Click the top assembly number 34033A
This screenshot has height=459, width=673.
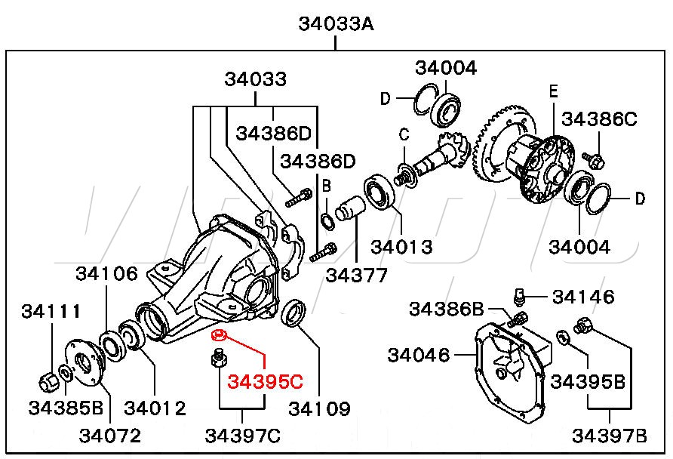pos(336,23)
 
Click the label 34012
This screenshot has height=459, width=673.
pos(155,409)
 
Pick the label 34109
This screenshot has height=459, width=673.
pos(319,409)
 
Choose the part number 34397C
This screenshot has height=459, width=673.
pos(242,436)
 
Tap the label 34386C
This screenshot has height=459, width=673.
pos(599,119)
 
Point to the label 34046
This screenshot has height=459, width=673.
pos(419,354)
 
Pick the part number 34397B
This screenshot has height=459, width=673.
pos(610,436)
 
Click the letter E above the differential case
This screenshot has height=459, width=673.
pos(553,92)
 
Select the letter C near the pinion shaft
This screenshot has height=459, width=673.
pos(404,135)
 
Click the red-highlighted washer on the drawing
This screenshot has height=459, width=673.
pos(220,336)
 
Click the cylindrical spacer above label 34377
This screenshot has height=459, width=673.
pos(349,208)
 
